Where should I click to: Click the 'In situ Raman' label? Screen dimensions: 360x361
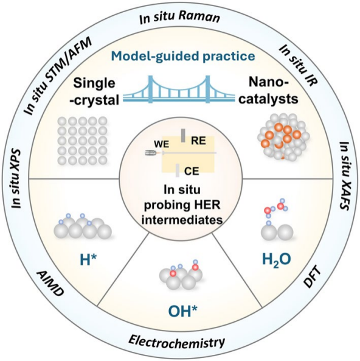[180, 18]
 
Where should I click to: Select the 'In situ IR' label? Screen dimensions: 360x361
[299, 66]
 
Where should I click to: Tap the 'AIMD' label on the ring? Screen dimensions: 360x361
[50, 284]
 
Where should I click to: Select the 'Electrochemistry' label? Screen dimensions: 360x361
[176, 341]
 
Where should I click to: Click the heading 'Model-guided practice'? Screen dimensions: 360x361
[183, 56]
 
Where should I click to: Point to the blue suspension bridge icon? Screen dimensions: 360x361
[179, 89]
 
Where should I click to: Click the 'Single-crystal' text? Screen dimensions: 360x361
[94, 91]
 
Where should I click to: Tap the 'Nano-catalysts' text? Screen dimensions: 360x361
[268, 91]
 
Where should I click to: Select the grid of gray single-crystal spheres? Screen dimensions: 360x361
[82, 141]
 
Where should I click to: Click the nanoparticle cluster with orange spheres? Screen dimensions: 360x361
[283, 137]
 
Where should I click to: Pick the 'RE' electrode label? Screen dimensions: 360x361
[198, 141]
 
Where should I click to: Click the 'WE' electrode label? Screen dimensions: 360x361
[162, 144]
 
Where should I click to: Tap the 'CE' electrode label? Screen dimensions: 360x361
[192, 171]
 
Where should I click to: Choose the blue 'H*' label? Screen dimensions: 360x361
[89, 260]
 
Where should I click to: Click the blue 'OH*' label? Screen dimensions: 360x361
[183, 311]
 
